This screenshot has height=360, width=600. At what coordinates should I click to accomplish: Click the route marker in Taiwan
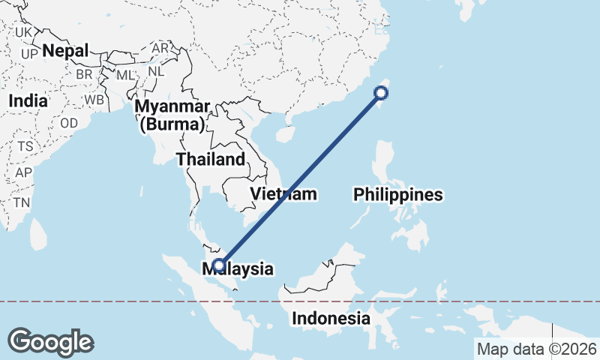(381, 93)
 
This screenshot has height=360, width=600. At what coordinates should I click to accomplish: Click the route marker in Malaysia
(218, 264)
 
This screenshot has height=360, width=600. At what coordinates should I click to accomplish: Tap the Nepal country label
(65, 51)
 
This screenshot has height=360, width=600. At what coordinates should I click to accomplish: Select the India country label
(28, 100)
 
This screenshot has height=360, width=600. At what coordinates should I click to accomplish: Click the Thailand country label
(210, 159)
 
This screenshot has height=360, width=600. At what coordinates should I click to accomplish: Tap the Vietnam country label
(283, 194)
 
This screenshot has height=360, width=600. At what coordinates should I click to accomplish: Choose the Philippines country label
(398, 195)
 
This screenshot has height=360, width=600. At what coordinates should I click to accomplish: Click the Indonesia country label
(331, 318)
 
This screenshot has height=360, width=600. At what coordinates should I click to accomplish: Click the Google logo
(50, 342)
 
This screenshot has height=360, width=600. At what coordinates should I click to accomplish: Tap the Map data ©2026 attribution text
(536, 349)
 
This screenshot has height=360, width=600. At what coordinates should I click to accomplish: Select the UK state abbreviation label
(24, 32)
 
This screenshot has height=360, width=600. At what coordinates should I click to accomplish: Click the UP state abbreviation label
(29, 54)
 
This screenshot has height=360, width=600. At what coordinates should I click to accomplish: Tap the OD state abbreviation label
(69, 123)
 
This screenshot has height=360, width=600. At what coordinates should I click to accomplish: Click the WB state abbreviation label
(94, 100)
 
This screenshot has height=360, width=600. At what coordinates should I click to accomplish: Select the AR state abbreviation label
(160, 48)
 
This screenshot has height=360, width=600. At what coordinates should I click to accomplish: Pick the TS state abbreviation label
(25, 146)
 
